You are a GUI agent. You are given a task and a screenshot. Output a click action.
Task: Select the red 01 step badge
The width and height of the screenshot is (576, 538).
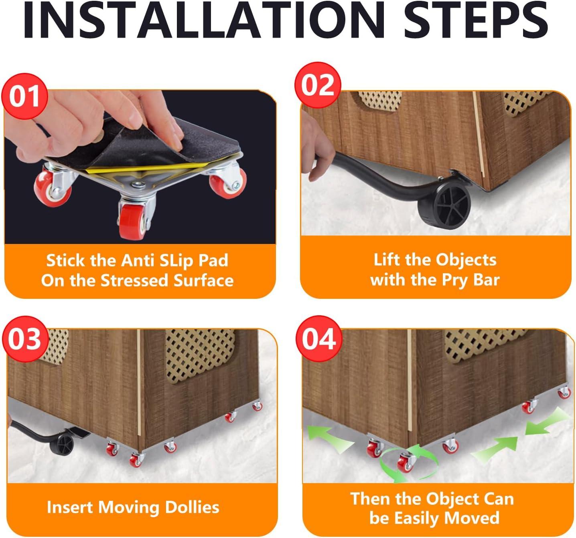click(24, 96)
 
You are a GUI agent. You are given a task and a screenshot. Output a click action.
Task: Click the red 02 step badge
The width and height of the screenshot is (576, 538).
click(318, 85)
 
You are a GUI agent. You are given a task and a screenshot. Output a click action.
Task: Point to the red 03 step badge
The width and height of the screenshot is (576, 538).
click(25, 339)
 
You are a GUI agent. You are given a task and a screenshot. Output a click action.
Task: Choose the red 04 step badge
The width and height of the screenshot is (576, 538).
click(319, 339)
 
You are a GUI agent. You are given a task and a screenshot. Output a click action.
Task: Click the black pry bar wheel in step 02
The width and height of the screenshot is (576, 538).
click(444, 205)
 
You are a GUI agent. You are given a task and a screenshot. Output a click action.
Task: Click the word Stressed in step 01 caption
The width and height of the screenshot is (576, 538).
click(134, 280)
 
